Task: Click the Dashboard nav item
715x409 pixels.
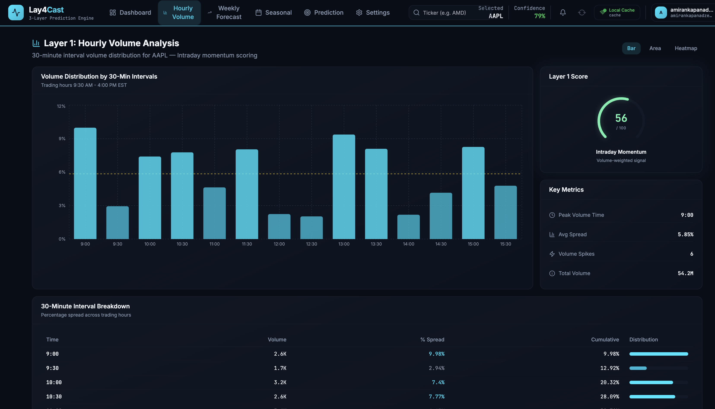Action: [x=130, y=13]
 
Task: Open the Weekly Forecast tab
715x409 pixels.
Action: [x=224, y=13]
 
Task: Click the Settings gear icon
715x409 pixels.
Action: [x=359, y=13]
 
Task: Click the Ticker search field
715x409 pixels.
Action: [x=444, y=13]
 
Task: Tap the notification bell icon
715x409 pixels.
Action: [x=563, y=13]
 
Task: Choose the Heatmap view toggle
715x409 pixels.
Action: [x=686, y=48]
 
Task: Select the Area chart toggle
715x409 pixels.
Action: [x=655, y=48]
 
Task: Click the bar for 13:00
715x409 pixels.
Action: [x=344, y=187]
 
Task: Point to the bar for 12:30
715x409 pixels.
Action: [x=311, y=228]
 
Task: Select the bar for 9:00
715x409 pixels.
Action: [x=85, y=183]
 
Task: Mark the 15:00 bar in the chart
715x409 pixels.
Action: [x=473, y=193]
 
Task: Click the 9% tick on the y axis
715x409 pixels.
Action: [x=62, y=138]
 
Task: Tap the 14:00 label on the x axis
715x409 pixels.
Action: [x=408, y=244]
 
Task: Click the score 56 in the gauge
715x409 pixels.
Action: [x=621, y=118]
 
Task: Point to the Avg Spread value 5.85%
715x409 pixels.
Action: [x=685, y=234]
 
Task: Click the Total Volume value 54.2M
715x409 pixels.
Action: [x=685, y=273]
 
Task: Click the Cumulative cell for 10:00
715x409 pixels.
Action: [x=610, y=382]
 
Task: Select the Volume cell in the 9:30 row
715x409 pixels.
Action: [x=280, y=368]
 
